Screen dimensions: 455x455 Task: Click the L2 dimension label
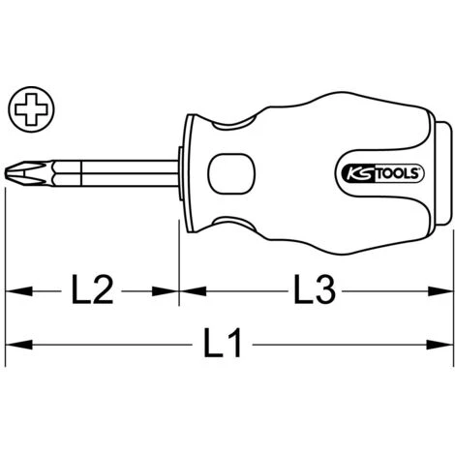click(x=92, y=288)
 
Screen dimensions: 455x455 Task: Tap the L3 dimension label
click(x=315, y=288)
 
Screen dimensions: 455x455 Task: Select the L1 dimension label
click(x=223, y=343)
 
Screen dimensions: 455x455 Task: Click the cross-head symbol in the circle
click(x=31, y=109)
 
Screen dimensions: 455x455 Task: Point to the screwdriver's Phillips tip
click(x=29, y=173)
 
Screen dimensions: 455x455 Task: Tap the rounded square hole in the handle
click(x=231, y=174)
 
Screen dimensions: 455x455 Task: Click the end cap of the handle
click(x=445, y=174)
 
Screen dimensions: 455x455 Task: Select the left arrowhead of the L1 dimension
click(x=18, y=345)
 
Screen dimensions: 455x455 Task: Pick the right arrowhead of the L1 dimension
click(x=440, y=345)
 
